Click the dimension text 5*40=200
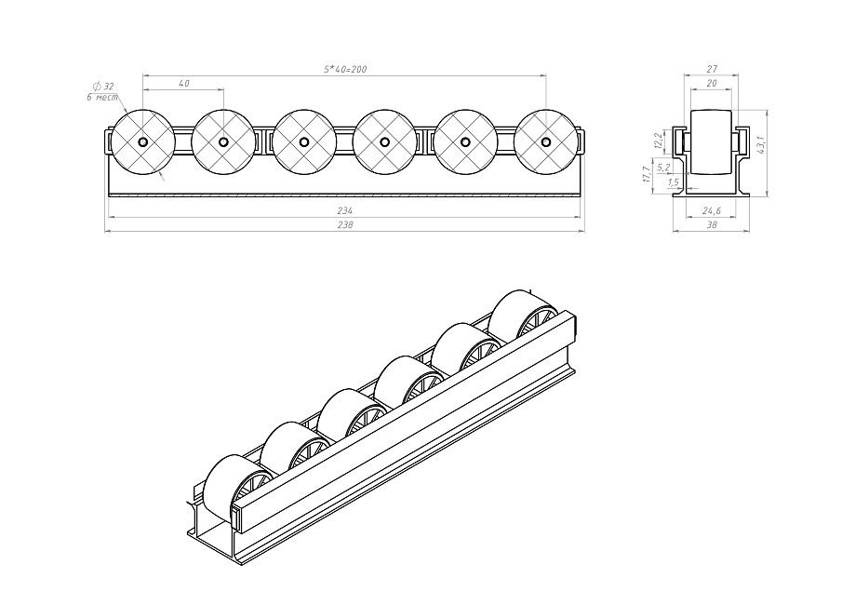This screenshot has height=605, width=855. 343,70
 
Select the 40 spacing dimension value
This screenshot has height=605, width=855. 182,85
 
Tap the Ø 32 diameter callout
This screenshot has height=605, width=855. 103,86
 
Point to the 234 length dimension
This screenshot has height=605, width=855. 344,211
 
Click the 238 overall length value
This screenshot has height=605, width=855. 344,225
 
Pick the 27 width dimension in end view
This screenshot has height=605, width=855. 712,69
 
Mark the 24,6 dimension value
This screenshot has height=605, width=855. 713,210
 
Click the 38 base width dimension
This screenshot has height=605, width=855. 712,225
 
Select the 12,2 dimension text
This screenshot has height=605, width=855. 659,141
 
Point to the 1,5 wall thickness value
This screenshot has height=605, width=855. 673,182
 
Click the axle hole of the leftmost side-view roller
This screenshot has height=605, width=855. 142,142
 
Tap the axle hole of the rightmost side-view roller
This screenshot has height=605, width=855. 546,142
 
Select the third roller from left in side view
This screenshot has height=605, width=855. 304,142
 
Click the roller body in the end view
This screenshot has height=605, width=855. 712,142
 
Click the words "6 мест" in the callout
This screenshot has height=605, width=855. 102,97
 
